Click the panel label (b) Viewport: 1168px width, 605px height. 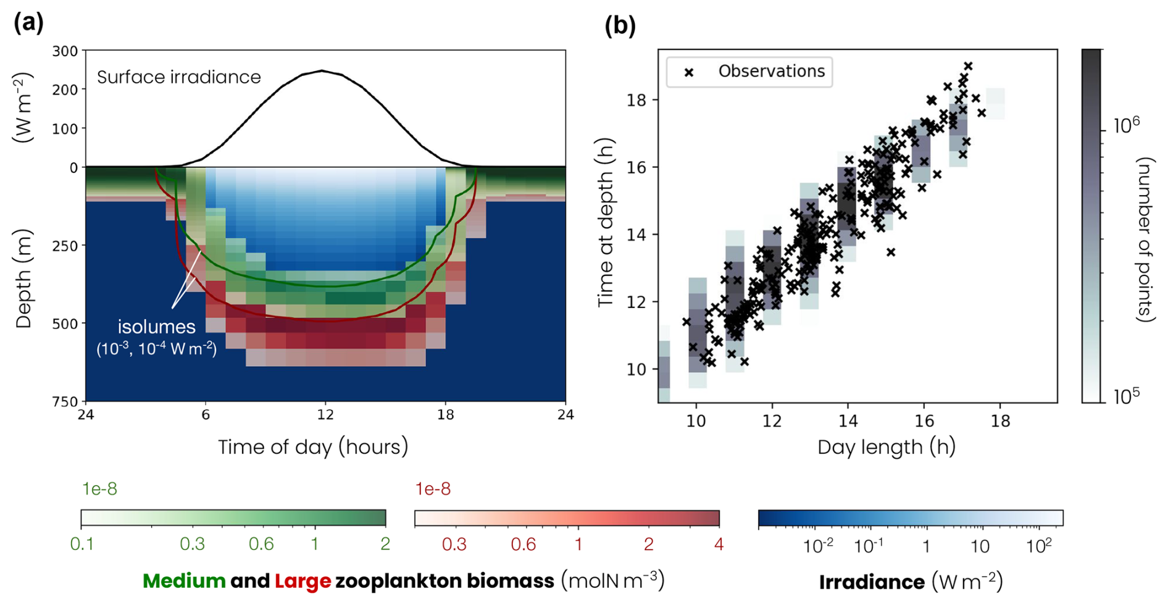pyautogui.click(x=620, y=25)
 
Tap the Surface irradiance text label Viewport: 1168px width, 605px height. pyautogui.click(x=179, y=77)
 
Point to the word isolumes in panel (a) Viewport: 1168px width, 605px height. pyautogui.click(x=157, y=327)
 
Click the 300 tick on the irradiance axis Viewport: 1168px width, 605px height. pyautogui.click(x=65, y=51)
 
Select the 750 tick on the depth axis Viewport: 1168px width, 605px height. pyautogui.click(x=65, y=402)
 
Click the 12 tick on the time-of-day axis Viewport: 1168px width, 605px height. pyautogui.click(x=325, y=415)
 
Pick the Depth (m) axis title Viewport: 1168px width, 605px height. pyautogui.click(x=23, y=278)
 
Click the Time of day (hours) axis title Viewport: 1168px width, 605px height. pyautogui.click(x=313, y=446)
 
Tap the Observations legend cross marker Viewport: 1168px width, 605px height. pyautogui.click(x=689, y=72)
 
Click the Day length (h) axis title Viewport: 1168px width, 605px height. pyautogui.click(x=886, y=446)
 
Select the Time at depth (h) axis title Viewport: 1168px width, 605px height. pyautogui.click(x=606, y=222)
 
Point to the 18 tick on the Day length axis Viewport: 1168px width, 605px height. pyautogui.click(x=1000, y=421)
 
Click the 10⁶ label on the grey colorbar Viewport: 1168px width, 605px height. pyautogui.click(x=1126, y=125)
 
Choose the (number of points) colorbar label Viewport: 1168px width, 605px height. pyautogui.click(x=1146, y=240)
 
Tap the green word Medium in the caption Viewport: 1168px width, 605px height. pyautogui.click(x=184, y=581)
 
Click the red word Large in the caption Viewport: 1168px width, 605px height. pyautogui.click(x=302, y=581)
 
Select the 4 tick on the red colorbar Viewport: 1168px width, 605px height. pyautogui.click(x=719, y=544)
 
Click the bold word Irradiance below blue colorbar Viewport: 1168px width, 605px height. pyautogui.click(x=872, y=582)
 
